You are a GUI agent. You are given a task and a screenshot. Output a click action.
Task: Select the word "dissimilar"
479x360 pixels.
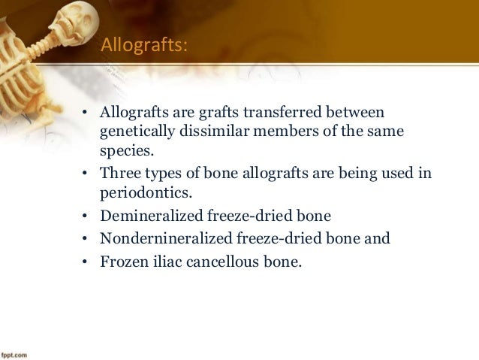coord(209,133)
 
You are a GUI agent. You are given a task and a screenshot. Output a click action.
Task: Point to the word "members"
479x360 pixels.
coord(276,133)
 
